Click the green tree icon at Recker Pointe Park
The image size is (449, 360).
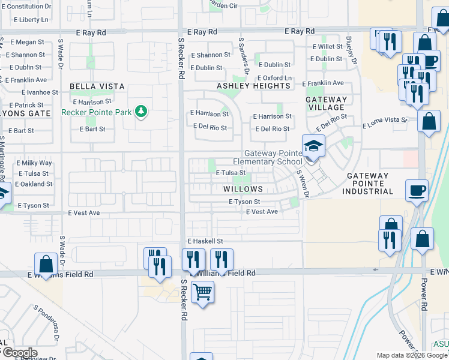141,111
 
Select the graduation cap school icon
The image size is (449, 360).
312,146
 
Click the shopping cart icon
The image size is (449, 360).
202,292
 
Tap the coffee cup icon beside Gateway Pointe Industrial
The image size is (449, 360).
417,190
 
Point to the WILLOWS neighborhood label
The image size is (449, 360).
243,189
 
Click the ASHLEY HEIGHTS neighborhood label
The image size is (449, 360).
253,86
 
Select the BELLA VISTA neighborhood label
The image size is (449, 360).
89,86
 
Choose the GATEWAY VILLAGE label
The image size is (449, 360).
327,103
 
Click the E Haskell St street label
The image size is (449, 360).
205,241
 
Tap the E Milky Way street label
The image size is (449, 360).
34,163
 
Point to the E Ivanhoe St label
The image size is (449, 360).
40,92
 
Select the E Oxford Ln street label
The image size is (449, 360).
274,78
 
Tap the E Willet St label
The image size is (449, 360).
327,46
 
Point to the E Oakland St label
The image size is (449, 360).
34,184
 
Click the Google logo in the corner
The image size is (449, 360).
19,353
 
